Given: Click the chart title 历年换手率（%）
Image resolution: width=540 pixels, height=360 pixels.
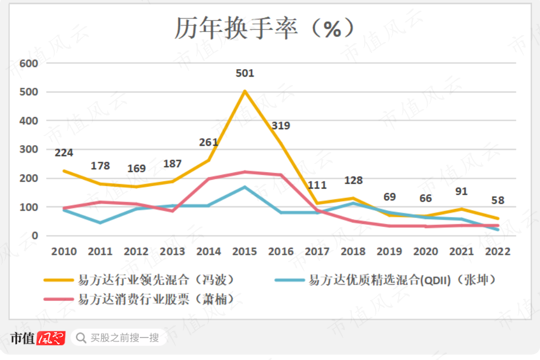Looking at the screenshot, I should pos(264,28).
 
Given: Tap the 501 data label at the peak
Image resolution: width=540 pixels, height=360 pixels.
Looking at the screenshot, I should pos(245,73).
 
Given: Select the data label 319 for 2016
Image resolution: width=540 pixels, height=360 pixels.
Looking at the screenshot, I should pos(281,126).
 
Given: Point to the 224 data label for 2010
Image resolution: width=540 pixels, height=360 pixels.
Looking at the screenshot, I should pos(64,153).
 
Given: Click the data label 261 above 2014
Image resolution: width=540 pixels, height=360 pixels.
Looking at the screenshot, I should pos(209,142).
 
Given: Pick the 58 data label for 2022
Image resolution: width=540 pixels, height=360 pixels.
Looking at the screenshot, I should pos(497,200).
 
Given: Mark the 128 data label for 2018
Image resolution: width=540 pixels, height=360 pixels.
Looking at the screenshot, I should pos(353,180).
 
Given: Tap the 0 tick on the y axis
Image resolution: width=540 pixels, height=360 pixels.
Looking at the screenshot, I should pos(35,236).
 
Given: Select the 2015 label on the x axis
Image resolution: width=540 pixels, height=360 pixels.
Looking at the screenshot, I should pos(245,252).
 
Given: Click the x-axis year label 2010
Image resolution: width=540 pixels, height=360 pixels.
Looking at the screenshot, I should pos(64,252).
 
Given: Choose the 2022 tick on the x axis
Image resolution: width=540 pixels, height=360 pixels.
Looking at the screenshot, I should pos(497,252).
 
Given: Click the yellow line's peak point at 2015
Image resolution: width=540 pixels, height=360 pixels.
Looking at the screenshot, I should pos(245,91).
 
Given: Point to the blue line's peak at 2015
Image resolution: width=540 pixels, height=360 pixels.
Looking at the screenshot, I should pos(245,187).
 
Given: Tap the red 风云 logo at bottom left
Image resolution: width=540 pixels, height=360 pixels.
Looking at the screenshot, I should pos(51,338).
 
